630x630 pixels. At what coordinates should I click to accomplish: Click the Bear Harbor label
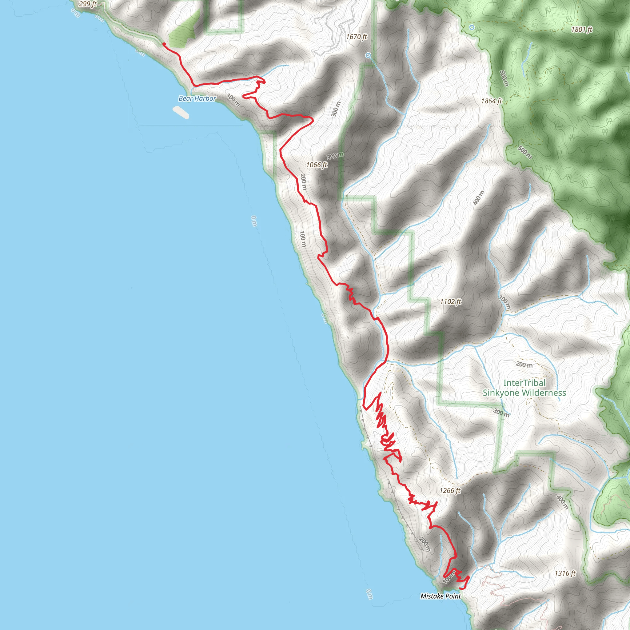[x=197, y=98]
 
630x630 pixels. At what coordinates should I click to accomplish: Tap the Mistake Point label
[x=441, y=596]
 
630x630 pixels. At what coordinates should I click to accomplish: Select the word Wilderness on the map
[x=545, y=393]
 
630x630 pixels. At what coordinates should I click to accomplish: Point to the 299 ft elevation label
[x=88, y=4]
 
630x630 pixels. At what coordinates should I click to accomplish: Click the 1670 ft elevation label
[x=357, y=37]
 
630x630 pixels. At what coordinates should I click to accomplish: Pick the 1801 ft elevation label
[x=581, y=29]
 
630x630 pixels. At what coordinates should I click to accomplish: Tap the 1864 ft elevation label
[x=491, y=101]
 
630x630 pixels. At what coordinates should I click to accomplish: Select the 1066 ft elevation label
[x=316, y=165]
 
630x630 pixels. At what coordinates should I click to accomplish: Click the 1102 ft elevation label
[x=451, y=302]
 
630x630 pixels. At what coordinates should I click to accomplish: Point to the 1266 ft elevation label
[x=450, y=490]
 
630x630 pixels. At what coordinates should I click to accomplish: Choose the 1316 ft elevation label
[x=565, y=573]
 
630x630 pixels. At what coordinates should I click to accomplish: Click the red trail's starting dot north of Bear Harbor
[x=164, y=44]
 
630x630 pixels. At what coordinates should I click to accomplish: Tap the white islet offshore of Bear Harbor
[x=181, y=113]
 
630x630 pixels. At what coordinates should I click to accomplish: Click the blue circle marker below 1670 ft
[x=368, y=55]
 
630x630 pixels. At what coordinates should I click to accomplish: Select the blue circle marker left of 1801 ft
[x=472, y=27]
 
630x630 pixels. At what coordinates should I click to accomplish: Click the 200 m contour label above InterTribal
[x=524, y=365]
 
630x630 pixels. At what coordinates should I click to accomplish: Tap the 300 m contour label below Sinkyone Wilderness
[x=501, y=413]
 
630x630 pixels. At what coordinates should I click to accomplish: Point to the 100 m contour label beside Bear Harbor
[x=233, y=100]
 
